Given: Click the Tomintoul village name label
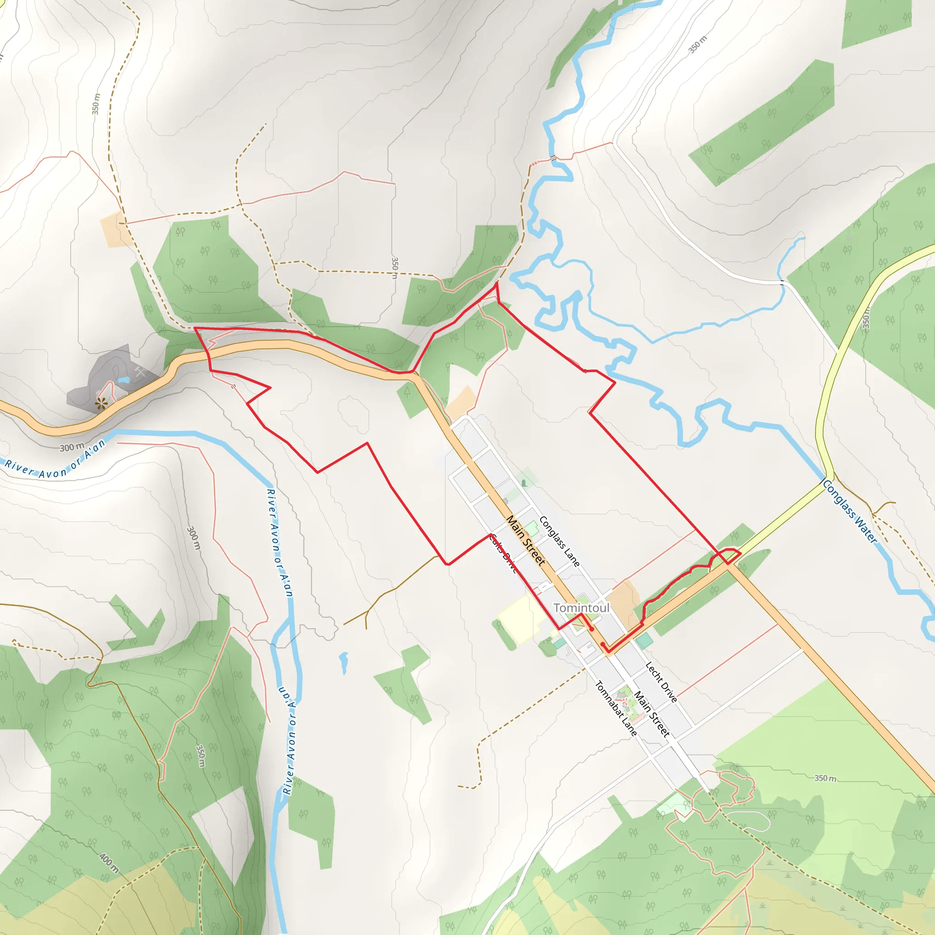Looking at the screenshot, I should (581, 608).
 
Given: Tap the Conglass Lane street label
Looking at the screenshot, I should (559, 541).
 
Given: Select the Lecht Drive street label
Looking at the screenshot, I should (661, 682).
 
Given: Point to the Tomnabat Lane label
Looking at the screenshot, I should (615, 709).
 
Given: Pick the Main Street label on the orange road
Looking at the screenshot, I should (525, 540).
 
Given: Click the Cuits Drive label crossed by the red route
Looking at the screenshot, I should (503, 554).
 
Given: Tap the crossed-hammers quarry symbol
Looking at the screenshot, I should (140, 372).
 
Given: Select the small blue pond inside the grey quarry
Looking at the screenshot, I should (123, 381).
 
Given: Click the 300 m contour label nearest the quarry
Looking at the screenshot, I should (72, 447).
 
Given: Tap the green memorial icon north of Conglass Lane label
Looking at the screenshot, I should (524, 483).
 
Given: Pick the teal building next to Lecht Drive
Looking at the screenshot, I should (644, 641).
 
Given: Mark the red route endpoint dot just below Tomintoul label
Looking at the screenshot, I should (591, 629).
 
